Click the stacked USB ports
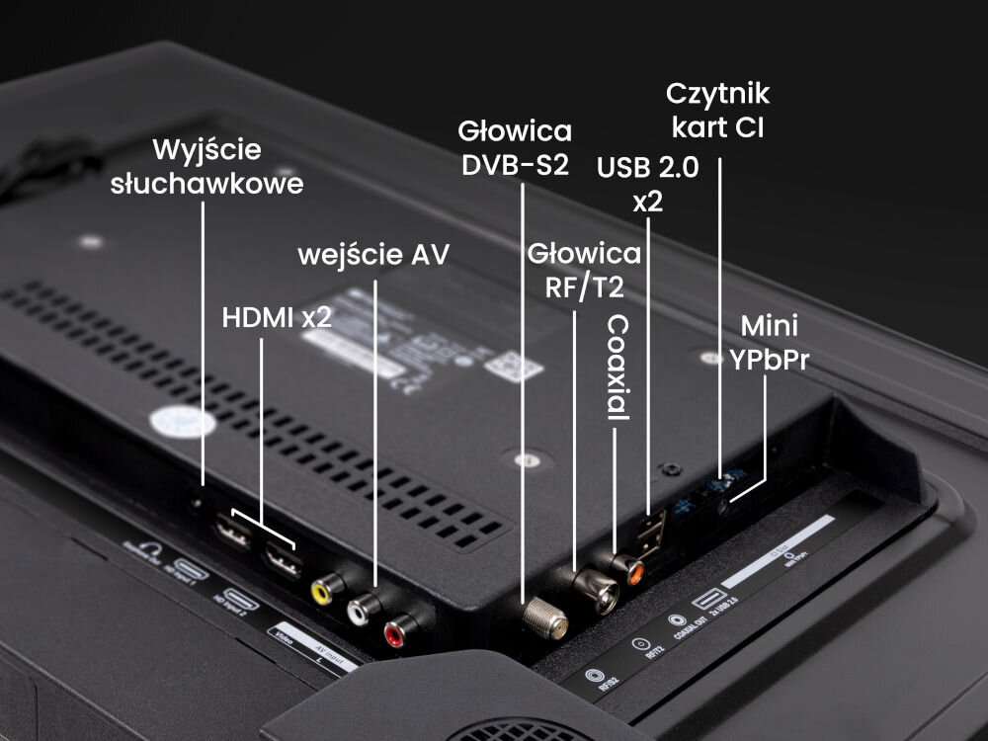click(648, 535)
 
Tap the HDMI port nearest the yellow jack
click(281, 563)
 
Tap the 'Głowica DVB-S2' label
click(515, 147)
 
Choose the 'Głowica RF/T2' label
click(584, 270)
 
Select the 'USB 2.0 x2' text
click(647, 184)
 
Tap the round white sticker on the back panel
click(183, 422)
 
